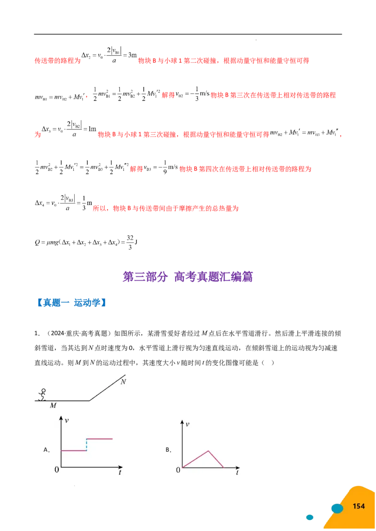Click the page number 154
(x=359, y=506)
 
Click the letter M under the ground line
(x=53, y=405)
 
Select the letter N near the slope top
(x=123, y=381)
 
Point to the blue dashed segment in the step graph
(x=86, y=445)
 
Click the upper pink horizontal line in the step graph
(x=99, y=439)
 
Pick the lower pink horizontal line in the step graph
(x=74, y=450)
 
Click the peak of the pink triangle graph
(x=208, y=451)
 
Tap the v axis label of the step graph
(x=67, y=420)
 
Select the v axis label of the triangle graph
(x=188, y=424)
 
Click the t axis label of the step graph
(x=120, y=472)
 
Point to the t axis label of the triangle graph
(x=237, y=473)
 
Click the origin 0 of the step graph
(x=56, y=470)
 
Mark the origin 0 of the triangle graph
(x=178, y=470)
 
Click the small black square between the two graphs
(x=169, y=450)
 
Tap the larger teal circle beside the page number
(x=337, y=508)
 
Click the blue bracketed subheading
(x=73, y=303)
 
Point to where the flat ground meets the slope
(x=89, y=401)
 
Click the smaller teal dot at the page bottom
(x=309, y=517)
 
